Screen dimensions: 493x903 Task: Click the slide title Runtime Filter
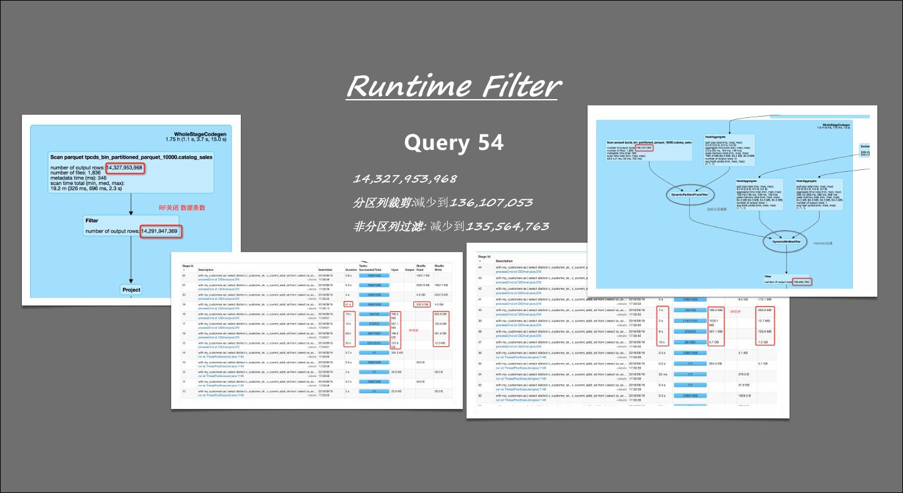click(453, 87)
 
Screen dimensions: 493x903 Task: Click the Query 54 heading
click(453, 143)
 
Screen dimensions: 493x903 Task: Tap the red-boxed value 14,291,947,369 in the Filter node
click(159, 231)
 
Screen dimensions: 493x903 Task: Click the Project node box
click(131, 290)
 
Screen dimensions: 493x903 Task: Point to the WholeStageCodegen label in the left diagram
click(200, 134)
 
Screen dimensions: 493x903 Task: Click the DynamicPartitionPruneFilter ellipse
click(690, 195)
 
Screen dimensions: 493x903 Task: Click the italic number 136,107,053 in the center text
click(492, 203)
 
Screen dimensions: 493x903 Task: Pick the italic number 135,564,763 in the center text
click(507, 226)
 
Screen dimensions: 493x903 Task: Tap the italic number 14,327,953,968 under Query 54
click(414, 179)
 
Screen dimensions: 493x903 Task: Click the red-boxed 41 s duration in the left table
click(348, 304)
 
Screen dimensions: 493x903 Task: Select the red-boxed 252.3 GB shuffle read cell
click(422, 304)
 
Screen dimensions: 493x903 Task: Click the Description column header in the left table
click(206, 270)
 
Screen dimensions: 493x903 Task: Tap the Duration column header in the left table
click(350, 270)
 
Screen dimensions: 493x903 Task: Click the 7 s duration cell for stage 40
click(662, 310)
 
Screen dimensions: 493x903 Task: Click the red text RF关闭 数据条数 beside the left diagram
click(182, 208)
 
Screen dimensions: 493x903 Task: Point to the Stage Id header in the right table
click(484, 257)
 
